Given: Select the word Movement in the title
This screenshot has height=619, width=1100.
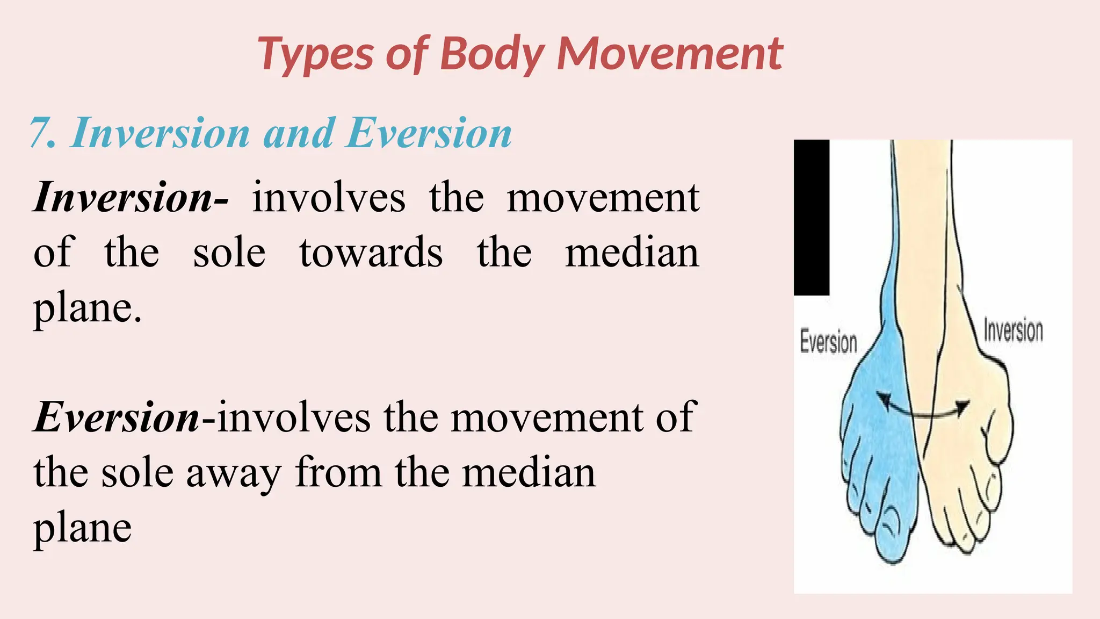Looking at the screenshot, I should click(x=670, y=54).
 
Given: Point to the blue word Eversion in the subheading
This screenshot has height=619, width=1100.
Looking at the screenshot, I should click(x=429, y=133).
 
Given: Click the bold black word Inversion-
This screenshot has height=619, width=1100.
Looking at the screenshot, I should click(x=131, y=198).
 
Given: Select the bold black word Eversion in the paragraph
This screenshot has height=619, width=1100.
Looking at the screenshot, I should click(x=117, y=417).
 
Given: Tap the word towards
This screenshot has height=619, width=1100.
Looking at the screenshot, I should click(x=371, y=253).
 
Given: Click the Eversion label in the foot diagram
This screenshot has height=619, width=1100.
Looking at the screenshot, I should click(x=828, y=342).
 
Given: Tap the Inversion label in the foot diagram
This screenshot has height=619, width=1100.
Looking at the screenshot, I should click(x=1013, y=330).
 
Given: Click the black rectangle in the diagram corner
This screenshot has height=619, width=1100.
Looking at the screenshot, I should click(x=811, y=217).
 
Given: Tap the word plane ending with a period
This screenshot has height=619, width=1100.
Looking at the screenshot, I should click(x=88, y=308).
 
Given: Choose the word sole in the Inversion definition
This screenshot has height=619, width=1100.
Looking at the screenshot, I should click(x=229, y=253).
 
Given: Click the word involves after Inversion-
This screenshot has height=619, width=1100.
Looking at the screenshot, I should click(x=329, y=198).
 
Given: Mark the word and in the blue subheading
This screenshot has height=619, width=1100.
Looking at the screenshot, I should click(x=298, y=133).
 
